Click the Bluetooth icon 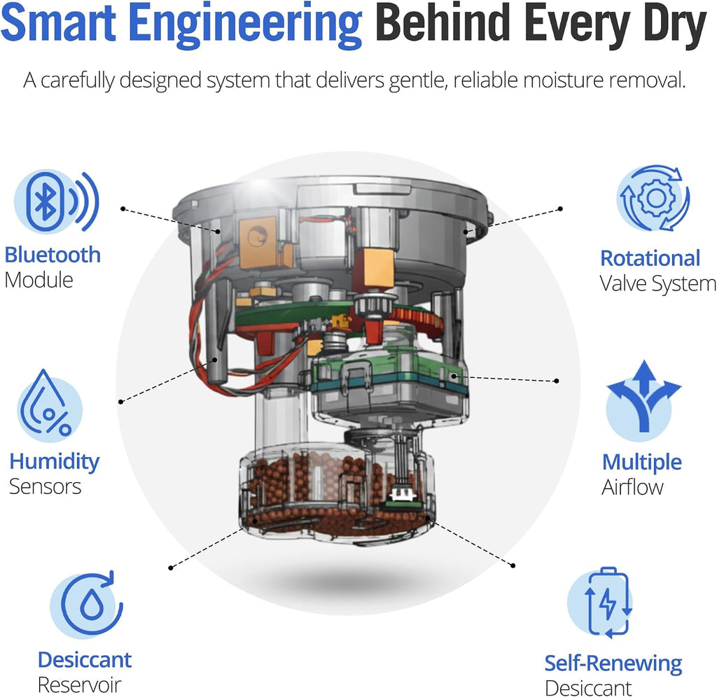pyautogui.click(x=56, y=202)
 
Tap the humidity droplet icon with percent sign pyautogui.click(x=49, y=403)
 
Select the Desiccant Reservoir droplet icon pyautogui.click(x=87, y=603)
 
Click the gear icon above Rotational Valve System pyautogui.click(x=653, y=198)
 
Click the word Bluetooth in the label pyautogui.click(x=53, y=255)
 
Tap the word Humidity pyautogui.click(x=55, y=462)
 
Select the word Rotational pyautogui.click(x=650, y=258)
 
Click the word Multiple pyautogui.click(x=642, y=463)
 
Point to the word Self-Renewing pyautogui.click(x=613, y=663)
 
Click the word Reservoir pyautogui.click(x=80, y=684)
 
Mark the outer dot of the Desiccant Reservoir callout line pyautogui.click(x=171, y=568)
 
